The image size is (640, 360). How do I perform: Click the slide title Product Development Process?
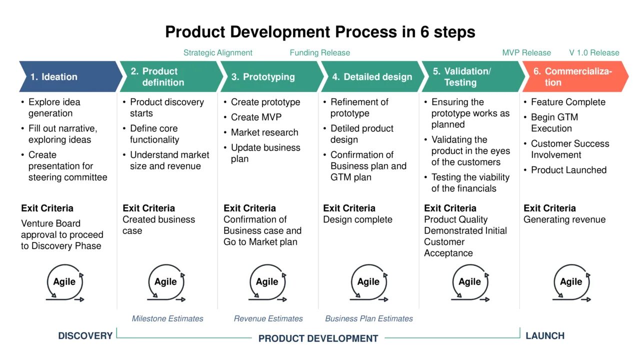(x=320, y=32)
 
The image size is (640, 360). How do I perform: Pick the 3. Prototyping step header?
(x=270, y=76)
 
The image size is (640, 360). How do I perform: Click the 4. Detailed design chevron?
(x=371, y=76)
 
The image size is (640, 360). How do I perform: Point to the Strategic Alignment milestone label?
(x=217, y=52)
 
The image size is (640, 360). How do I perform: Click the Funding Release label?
(x=319, y=52)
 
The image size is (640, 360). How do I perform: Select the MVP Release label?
(x=526, y=52)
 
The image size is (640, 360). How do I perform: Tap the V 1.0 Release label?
(x=594, y=52)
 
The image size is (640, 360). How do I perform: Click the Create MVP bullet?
(x=256, y=117)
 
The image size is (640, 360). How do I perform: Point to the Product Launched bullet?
(x=568, y=170)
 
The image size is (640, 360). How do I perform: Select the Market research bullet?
(x=264, y=132)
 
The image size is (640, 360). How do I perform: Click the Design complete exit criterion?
(x=357, y=219)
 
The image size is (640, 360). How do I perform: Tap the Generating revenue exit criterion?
(x=564, y=219)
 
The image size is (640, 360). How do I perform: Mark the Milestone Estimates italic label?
(x=167, y=318)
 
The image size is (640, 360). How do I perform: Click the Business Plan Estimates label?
(x=369, y=318)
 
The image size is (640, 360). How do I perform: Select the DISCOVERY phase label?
(x=85, y=336)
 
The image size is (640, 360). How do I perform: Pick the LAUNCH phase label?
(x=545, y=336)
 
